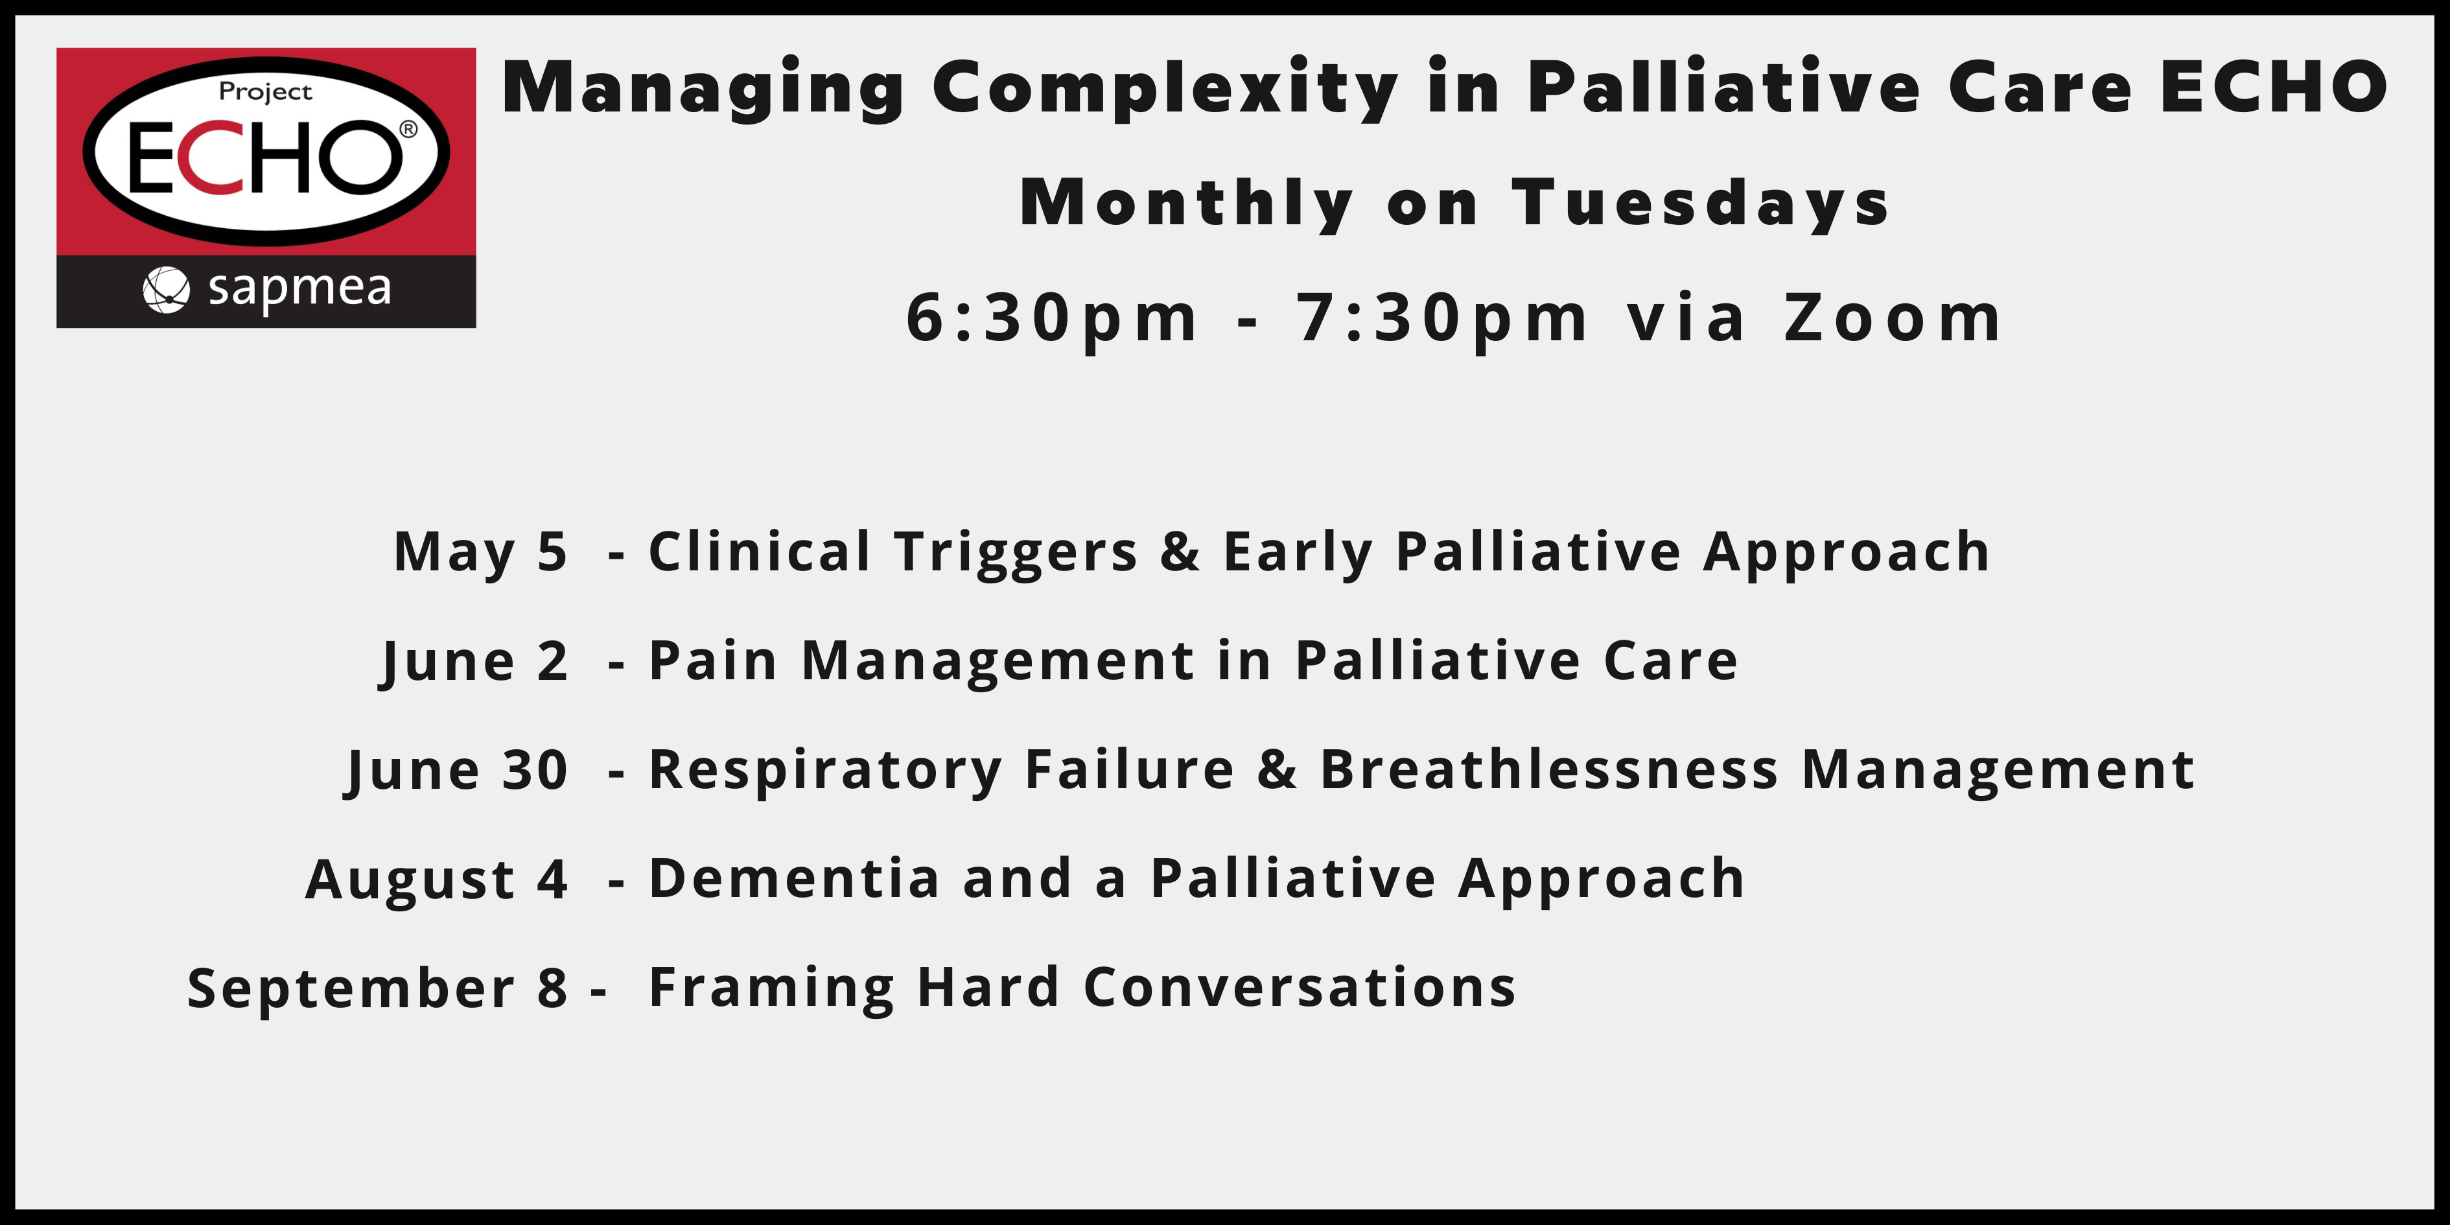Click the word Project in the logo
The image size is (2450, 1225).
[265, 92]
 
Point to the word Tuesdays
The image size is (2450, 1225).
[1701, 204]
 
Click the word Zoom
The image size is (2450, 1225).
[1893, 318]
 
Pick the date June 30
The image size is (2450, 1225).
[458, 771]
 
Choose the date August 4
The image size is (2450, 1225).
[437, 880]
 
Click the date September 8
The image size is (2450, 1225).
[378, 988]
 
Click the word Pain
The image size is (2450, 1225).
[714, 661]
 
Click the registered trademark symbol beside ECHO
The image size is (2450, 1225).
[408, 128]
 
